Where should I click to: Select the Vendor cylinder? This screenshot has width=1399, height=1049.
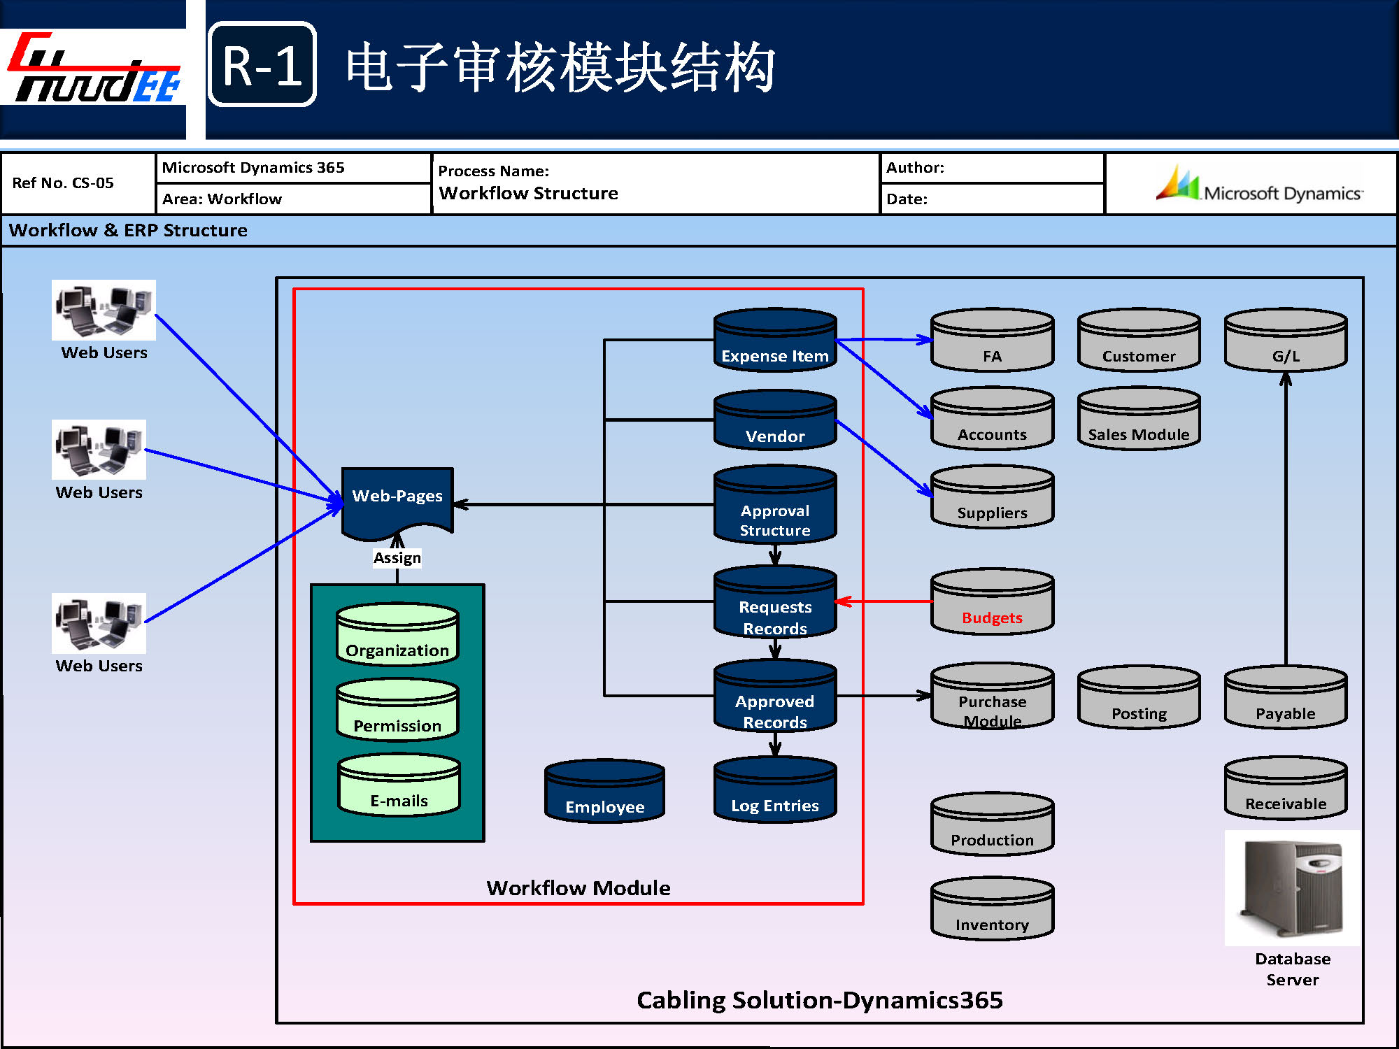point(775,420)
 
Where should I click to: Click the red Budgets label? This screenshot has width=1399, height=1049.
point(992,618)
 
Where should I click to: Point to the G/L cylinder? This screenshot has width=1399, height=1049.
point(1286,341)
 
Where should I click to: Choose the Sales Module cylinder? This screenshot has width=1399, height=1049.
point(1139,419)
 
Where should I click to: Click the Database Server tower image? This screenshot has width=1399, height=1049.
point(1292,888)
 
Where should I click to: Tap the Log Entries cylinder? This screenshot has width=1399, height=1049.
point(775,790)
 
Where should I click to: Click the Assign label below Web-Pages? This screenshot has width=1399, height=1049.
point(397,558)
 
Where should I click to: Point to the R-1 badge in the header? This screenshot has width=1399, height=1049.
point(262,64)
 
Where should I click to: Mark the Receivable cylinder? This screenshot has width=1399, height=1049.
point(1286,788)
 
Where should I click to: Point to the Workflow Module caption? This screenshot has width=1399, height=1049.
point(578,888)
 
